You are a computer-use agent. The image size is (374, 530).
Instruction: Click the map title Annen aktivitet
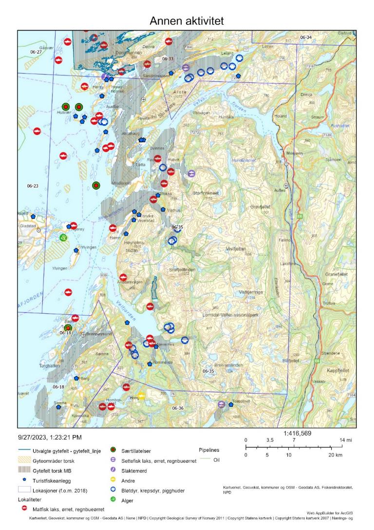[x=187, y=21]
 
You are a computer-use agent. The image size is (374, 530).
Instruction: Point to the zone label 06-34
[x=305, y=37]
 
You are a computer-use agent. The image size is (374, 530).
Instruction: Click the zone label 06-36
[x=178, y=408]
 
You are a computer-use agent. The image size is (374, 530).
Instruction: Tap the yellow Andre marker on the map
[x=141, y=396]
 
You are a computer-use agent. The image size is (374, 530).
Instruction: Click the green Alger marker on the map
[x=63, y=237]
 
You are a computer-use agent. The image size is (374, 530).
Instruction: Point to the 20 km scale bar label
[x=337, y=455]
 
